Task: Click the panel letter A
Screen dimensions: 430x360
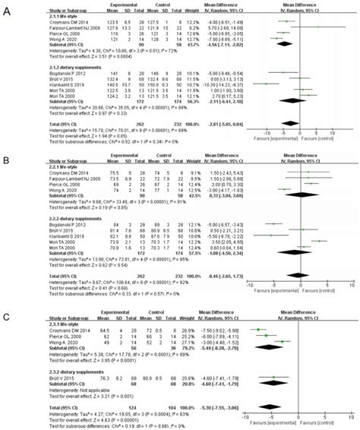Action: [7, 7]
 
